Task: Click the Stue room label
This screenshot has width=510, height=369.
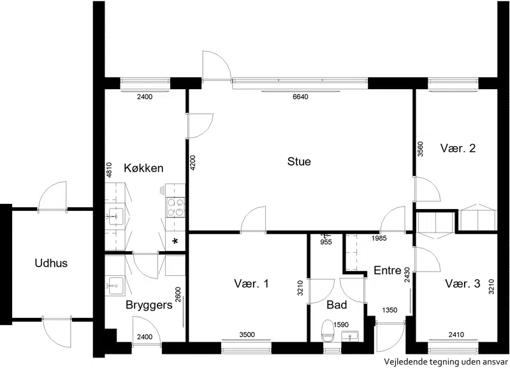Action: coord(299,162)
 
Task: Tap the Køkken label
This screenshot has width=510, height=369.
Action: coord(143,168)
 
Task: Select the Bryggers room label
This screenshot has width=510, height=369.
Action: coord(149,305)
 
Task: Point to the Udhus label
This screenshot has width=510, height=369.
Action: coord(51,263)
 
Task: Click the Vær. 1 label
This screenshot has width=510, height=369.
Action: coord(251,284)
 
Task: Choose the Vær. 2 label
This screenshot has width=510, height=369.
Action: coord(458,148)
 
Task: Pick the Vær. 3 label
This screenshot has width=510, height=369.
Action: coord(463,284)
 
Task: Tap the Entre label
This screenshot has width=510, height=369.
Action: coord(388,270)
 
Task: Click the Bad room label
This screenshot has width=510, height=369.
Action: coord(337,305)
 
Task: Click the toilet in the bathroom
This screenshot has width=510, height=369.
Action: coord(328,331)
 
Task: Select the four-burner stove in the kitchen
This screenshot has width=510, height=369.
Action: coord(175,208)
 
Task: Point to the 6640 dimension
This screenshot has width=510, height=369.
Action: coord(300,97)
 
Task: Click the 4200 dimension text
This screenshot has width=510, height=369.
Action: coord(193,163)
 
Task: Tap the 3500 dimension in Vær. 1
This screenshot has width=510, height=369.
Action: coord(247,335)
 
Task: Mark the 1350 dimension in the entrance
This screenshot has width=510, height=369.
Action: coord(390,310)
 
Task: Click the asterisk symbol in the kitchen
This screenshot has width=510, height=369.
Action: coord(175,242)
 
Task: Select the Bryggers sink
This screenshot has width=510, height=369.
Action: coord(115,286)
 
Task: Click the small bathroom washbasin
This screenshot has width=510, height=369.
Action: coord(350,336)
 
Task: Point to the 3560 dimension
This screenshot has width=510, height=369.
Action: coord(420,149)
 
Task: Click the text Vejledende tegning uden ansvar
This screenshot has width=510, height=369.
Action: coord(446,361)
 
